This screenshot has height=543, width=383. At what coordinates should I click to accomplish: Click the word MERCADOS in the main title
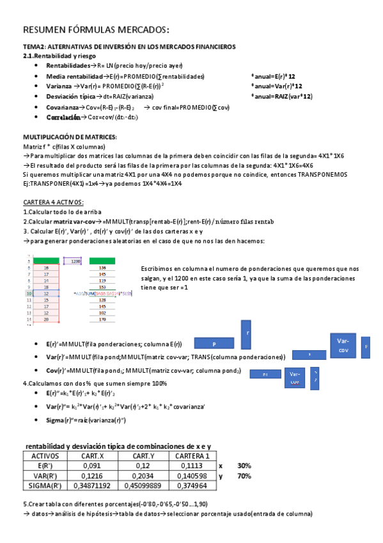point(139,30)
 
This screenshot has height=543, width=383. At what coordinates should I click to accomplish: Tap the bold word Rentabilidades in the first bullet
point(68,66)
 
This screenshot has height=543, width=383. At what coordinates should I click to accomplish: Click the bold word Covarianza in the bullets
point(62,108)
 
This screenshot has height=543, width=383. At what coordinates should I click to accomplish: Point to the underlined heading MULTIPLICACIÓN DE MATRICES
point(70,138)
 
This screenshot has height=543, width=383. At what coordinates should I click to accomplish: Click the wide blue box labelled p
point(214,344)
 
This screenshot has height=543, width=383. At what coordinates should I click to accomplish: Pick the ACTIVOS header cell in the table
point(46,456)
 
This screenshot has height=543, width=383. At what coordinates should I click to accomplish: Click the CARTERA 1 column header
point(192,456)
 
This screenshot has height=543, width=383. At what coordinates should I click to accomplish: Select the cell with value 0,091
point(91,466)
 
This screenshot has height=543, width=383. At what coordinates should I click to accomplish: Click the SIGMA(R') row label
point(46,487)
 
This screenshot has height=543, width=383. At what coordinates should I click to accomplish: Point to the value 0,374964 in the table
point(192,487)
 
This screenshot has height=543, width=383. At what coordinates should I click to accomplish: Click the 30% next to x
point(244,466)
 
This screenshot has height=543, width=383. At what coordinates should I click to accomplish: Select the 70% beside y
point(244,476)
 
